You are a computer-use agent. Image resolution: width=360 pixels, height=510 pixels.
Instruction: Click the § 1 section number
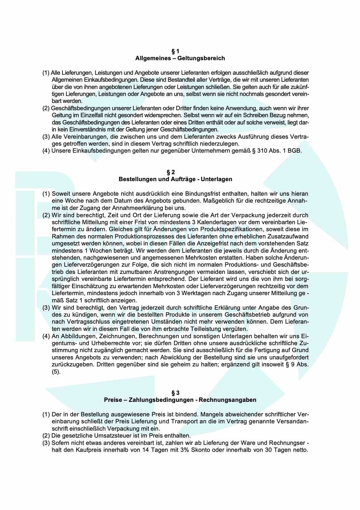coord(175,51)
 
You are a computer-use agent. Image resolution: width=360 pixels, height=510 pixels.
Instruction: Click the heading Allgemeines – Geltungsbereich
coord(180,58)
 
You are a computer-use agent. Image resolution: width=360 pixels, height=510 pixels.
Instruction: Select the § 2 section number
coord(175,172)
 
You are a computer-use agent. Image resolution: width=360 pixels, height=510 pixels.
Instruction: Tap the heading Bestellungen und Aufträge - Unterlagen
coord(175,179)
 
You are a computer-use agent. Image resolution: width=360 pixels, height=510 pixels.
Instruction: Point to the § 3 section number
coord(175,393)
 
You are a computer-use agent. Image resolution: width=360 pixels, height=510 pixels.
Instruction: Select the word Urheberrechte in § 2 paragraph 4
coord(100,343)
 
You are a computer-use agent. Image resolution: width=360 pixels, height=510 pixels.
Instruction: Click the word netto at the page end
coord(299,450)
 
